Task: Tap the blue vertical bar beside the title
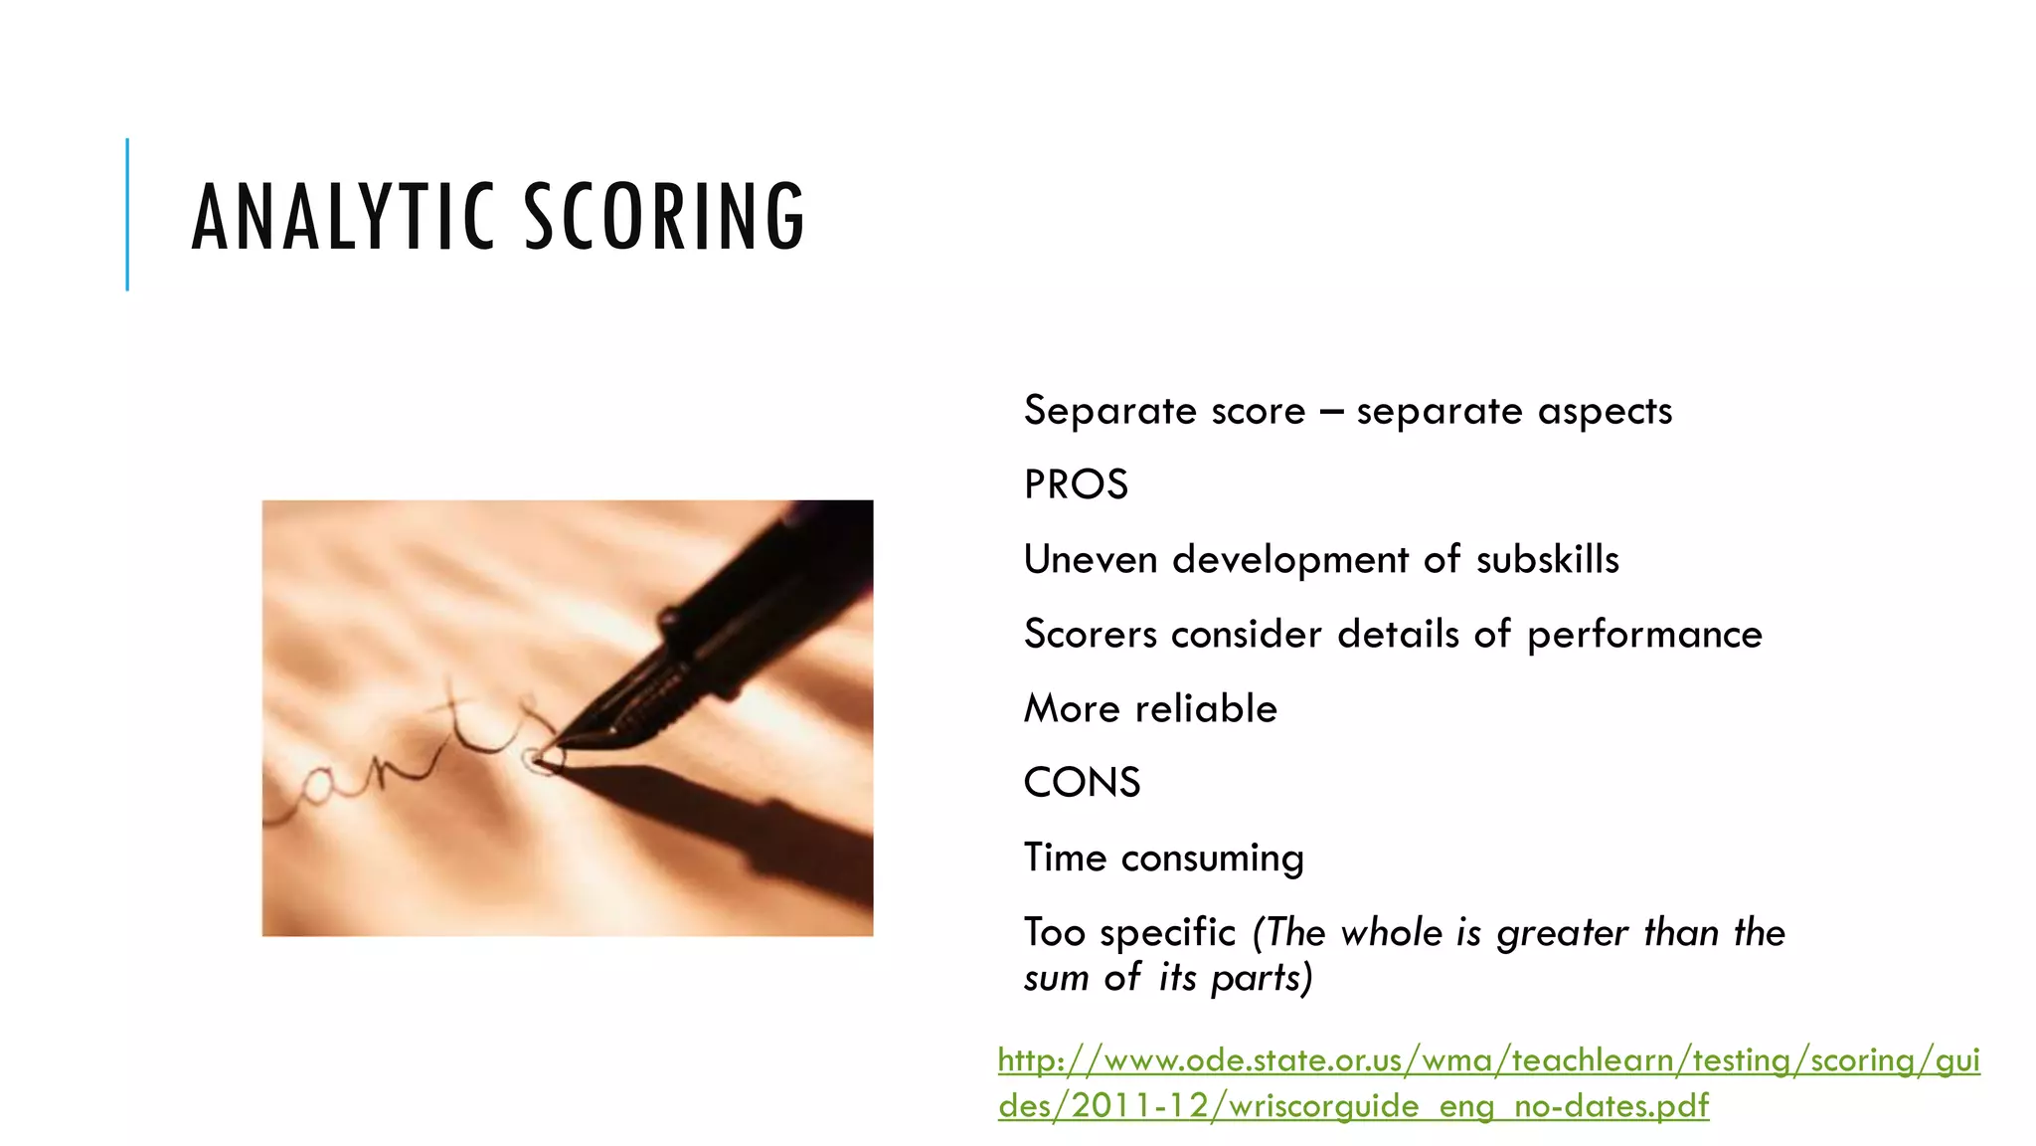[127, 214]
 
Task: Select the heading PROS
[1076, 485]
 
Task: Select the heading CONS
[1082, 783]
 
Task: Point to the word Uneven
[1091, 560]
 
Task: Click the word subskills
[1547, 560]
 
